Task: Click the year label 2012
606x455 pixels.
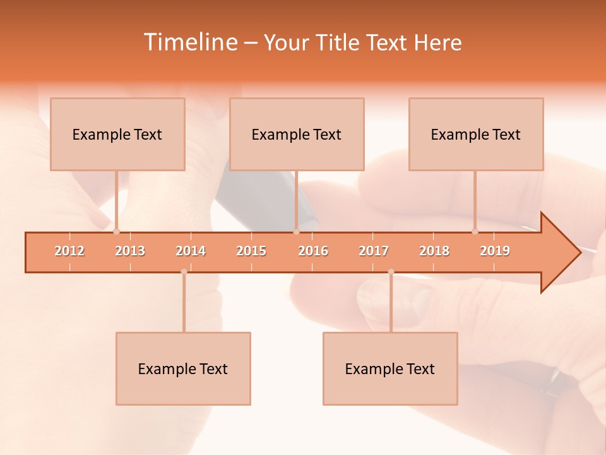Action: tap(69, 251)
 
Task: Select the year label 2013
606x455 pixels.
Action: tap(130, 251)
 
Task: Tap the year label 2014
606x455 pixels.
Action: tap(191, 251)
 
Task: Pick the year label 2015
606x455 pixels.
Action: tap(251, 251)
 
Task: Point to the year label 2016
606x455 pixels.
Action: tap(313, 251)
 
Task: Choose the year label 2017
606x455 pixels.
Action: tap(374, 251)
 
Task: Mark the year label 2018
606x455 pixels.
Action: tap(434, 251)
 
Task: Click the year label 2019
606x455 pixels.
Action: tap(495, 251)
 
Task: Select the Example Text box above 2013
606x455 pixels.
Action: tap(117, 135)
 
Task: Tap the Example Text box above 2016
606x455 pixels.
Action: tap(297, 135)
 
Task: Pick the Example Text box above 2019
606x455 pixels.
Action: tap(476, 135)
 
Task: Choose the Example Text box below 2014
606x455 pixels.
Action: tap(183, 368)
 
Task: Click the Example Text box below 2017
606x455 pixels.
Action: tap(390, 368)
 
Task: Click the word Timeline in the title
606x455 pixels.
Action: tap(189, 42)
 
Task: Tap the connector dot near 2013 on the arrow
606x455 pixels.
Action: tap(117, 231)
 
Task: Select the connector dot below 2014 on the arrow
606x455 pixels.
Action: tap(184, 272)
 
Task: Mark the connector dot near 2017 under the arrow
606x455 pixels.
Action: tap(391, 272)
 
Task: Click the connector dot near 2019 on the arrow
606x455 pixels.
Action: tap(475, 231)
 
